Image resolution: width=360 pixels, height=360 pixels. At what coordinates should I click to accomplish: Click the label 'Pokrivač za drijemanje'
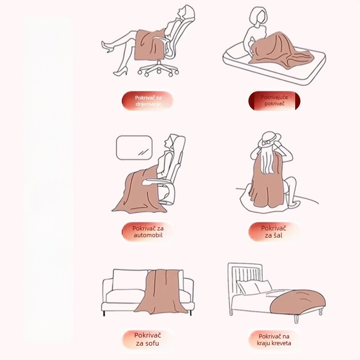click(x=148, y=101)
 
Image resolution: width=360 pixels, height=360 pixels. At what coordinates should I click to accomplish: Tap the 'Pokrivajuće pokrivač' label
click(x=274, y=100)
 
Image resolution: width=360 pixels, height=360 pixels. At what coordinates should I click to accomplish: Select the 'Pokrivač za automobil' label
click(x=148, y=232)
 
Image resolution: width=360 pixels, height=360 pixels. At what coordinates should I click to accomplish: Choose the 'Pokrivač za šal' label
click(x=274, y=232)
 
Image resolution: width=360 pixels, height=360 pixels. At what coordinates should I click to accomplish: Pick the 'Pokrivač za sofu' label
click(x=148, y=339)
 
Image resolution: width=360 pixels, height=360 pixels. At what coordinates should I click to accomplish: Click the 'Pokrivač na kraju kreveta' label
click(x=274, y=340)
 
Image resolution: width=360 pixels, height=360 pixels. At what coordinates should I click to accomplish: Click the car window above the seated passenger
click(x=134, y=148)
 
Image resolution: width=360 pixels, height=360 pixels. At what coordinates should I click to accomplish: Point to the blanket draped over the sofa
click(x=162, y=292)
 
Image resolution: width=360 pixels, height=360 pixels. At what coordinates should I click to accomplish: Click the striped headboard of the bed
click(x=245, y=275)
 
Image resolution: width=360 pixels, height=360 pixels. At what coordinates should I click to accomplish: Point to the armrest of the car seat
click(x=154, y=181)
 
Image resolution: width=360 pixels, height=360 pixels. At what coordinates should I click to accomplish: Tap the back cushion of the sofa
click(x=130, y=279)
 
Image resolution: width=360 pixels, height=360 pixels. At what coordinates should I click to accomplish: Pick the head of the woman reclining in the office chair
click(x=185, y=13)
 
